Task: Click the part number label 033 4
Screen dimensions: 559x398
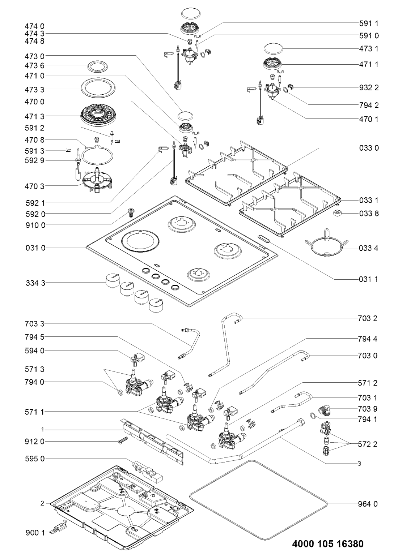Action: point(369,249)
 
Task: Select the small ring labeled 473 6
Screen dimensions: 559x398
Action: point(96,66)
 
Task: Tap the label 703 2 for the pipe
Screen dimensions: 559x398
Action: point(369,319)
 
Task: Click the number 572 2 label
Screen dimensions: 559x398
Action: point(369,444)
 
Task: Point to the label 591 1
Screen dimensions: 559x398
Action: point(369,23)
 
